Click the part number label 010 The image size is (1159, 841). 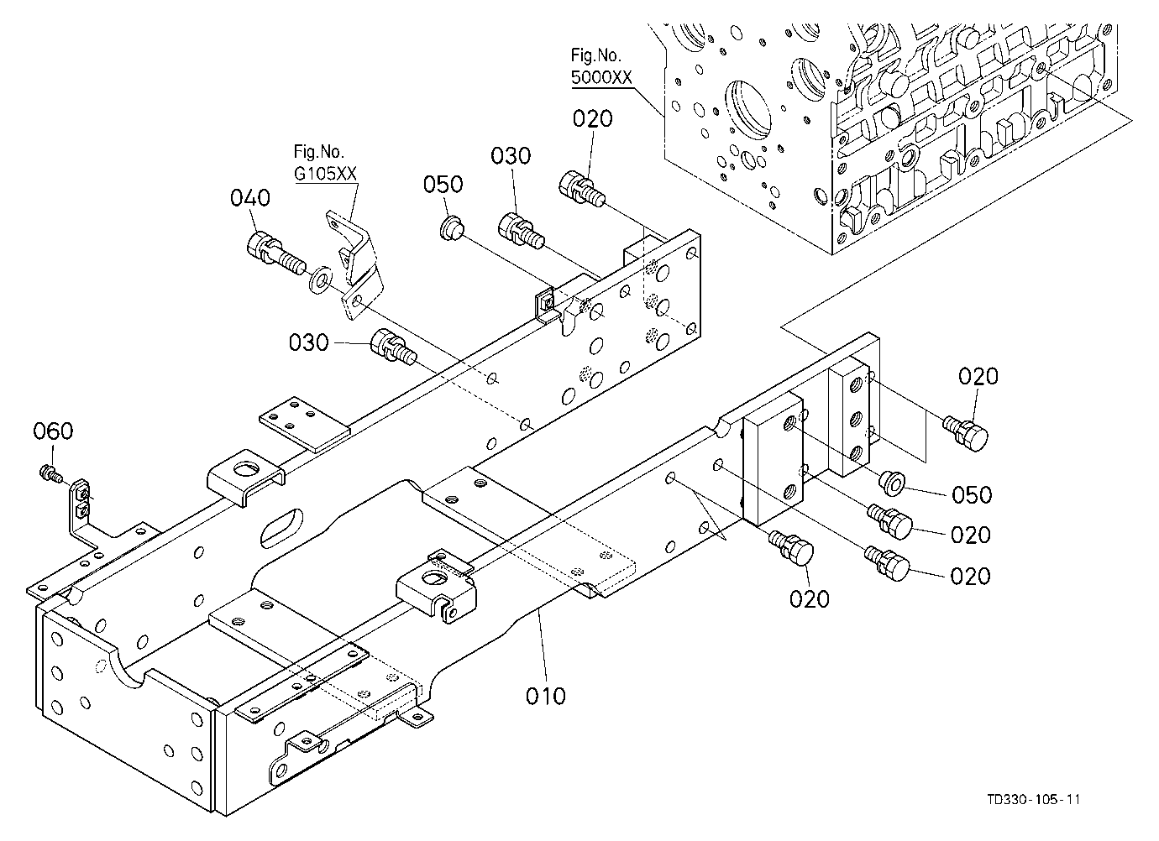pos(545,696)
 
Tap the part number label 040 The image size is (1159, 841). pos(250,197)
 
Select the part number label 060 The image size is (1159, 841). pos(53,431)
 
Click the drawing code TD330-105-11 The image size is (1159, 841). pos(1034,800)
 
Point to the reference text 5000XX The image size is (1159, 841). pos(601,77)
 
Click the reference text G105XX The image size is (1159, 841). pos(326,173)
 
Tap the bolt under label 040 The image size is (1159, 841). pos(275,254)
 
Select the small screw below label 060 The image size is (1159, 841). pos(50,473)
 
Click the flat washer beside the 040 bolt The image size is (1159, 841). pos(322,279)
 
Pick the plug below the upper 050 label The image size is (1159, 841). pos(453,228)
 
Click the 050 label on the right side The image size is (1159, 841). pos(972,495)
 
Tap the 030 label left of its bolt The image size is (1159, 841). pos(308,342)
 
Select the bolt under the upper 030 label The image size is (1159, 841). pos(521,231)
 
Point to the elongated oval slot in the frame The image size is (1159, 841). pos(282,528)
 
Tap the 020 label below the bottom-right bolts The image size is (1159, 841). pos(810,599)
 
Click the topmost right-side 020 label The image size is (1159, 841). pos(978,376)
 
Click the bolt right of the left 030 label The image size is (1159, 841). pos(393,347)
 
